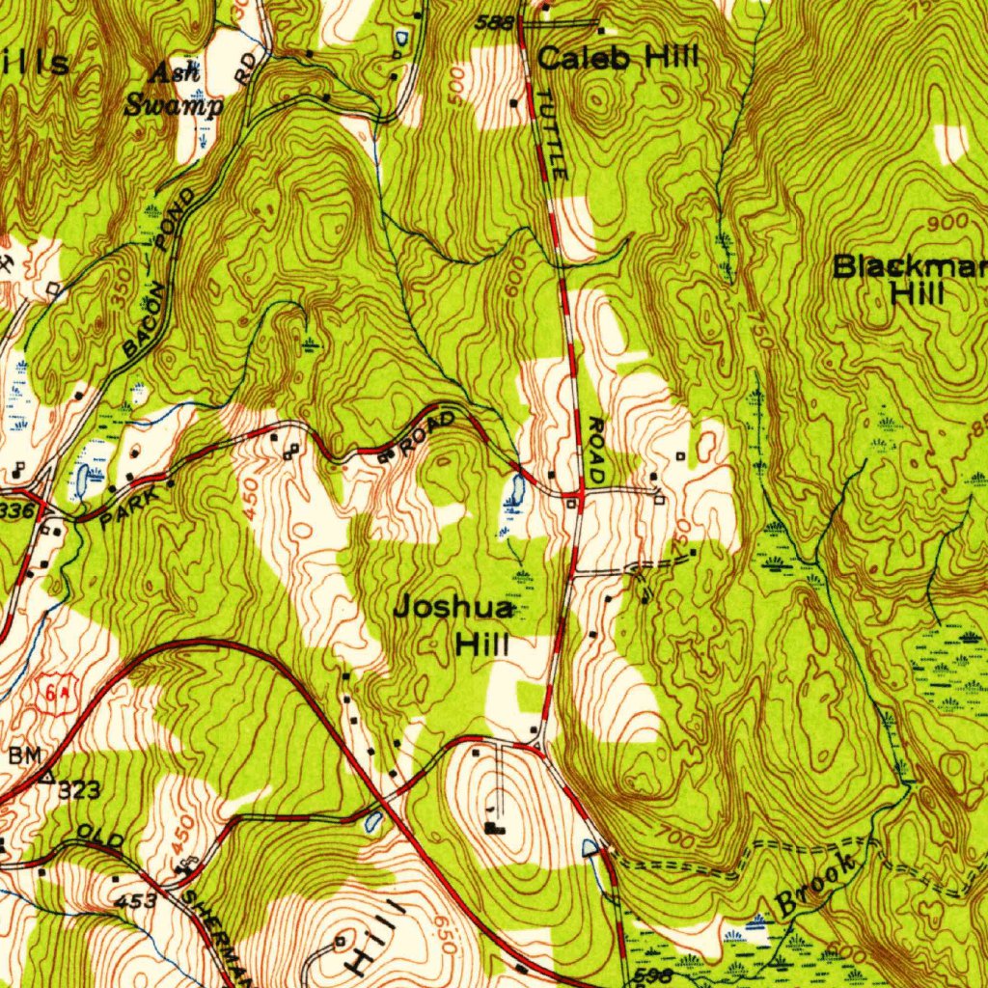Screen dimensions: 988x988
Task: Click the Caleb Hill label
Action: click(x=617, y=58)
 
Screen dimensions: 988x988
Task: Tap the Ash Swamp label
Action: click(x=174, y=89)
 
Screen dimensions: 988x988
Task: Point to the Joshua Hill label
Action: click(x=453, y=625)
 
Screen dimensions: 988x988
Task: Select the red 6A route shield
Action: click(x=54, y=694)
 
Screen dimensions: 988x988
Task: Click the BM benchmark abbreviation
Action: click(x=25, y=755)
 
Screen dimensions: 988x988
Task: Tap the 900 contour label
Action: click(x=947, y=223)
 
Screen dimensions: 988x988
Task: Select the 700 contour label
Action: click(x=675, y=837)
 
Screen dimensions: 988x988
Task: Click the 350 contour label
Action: click(x=120, y=289)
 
